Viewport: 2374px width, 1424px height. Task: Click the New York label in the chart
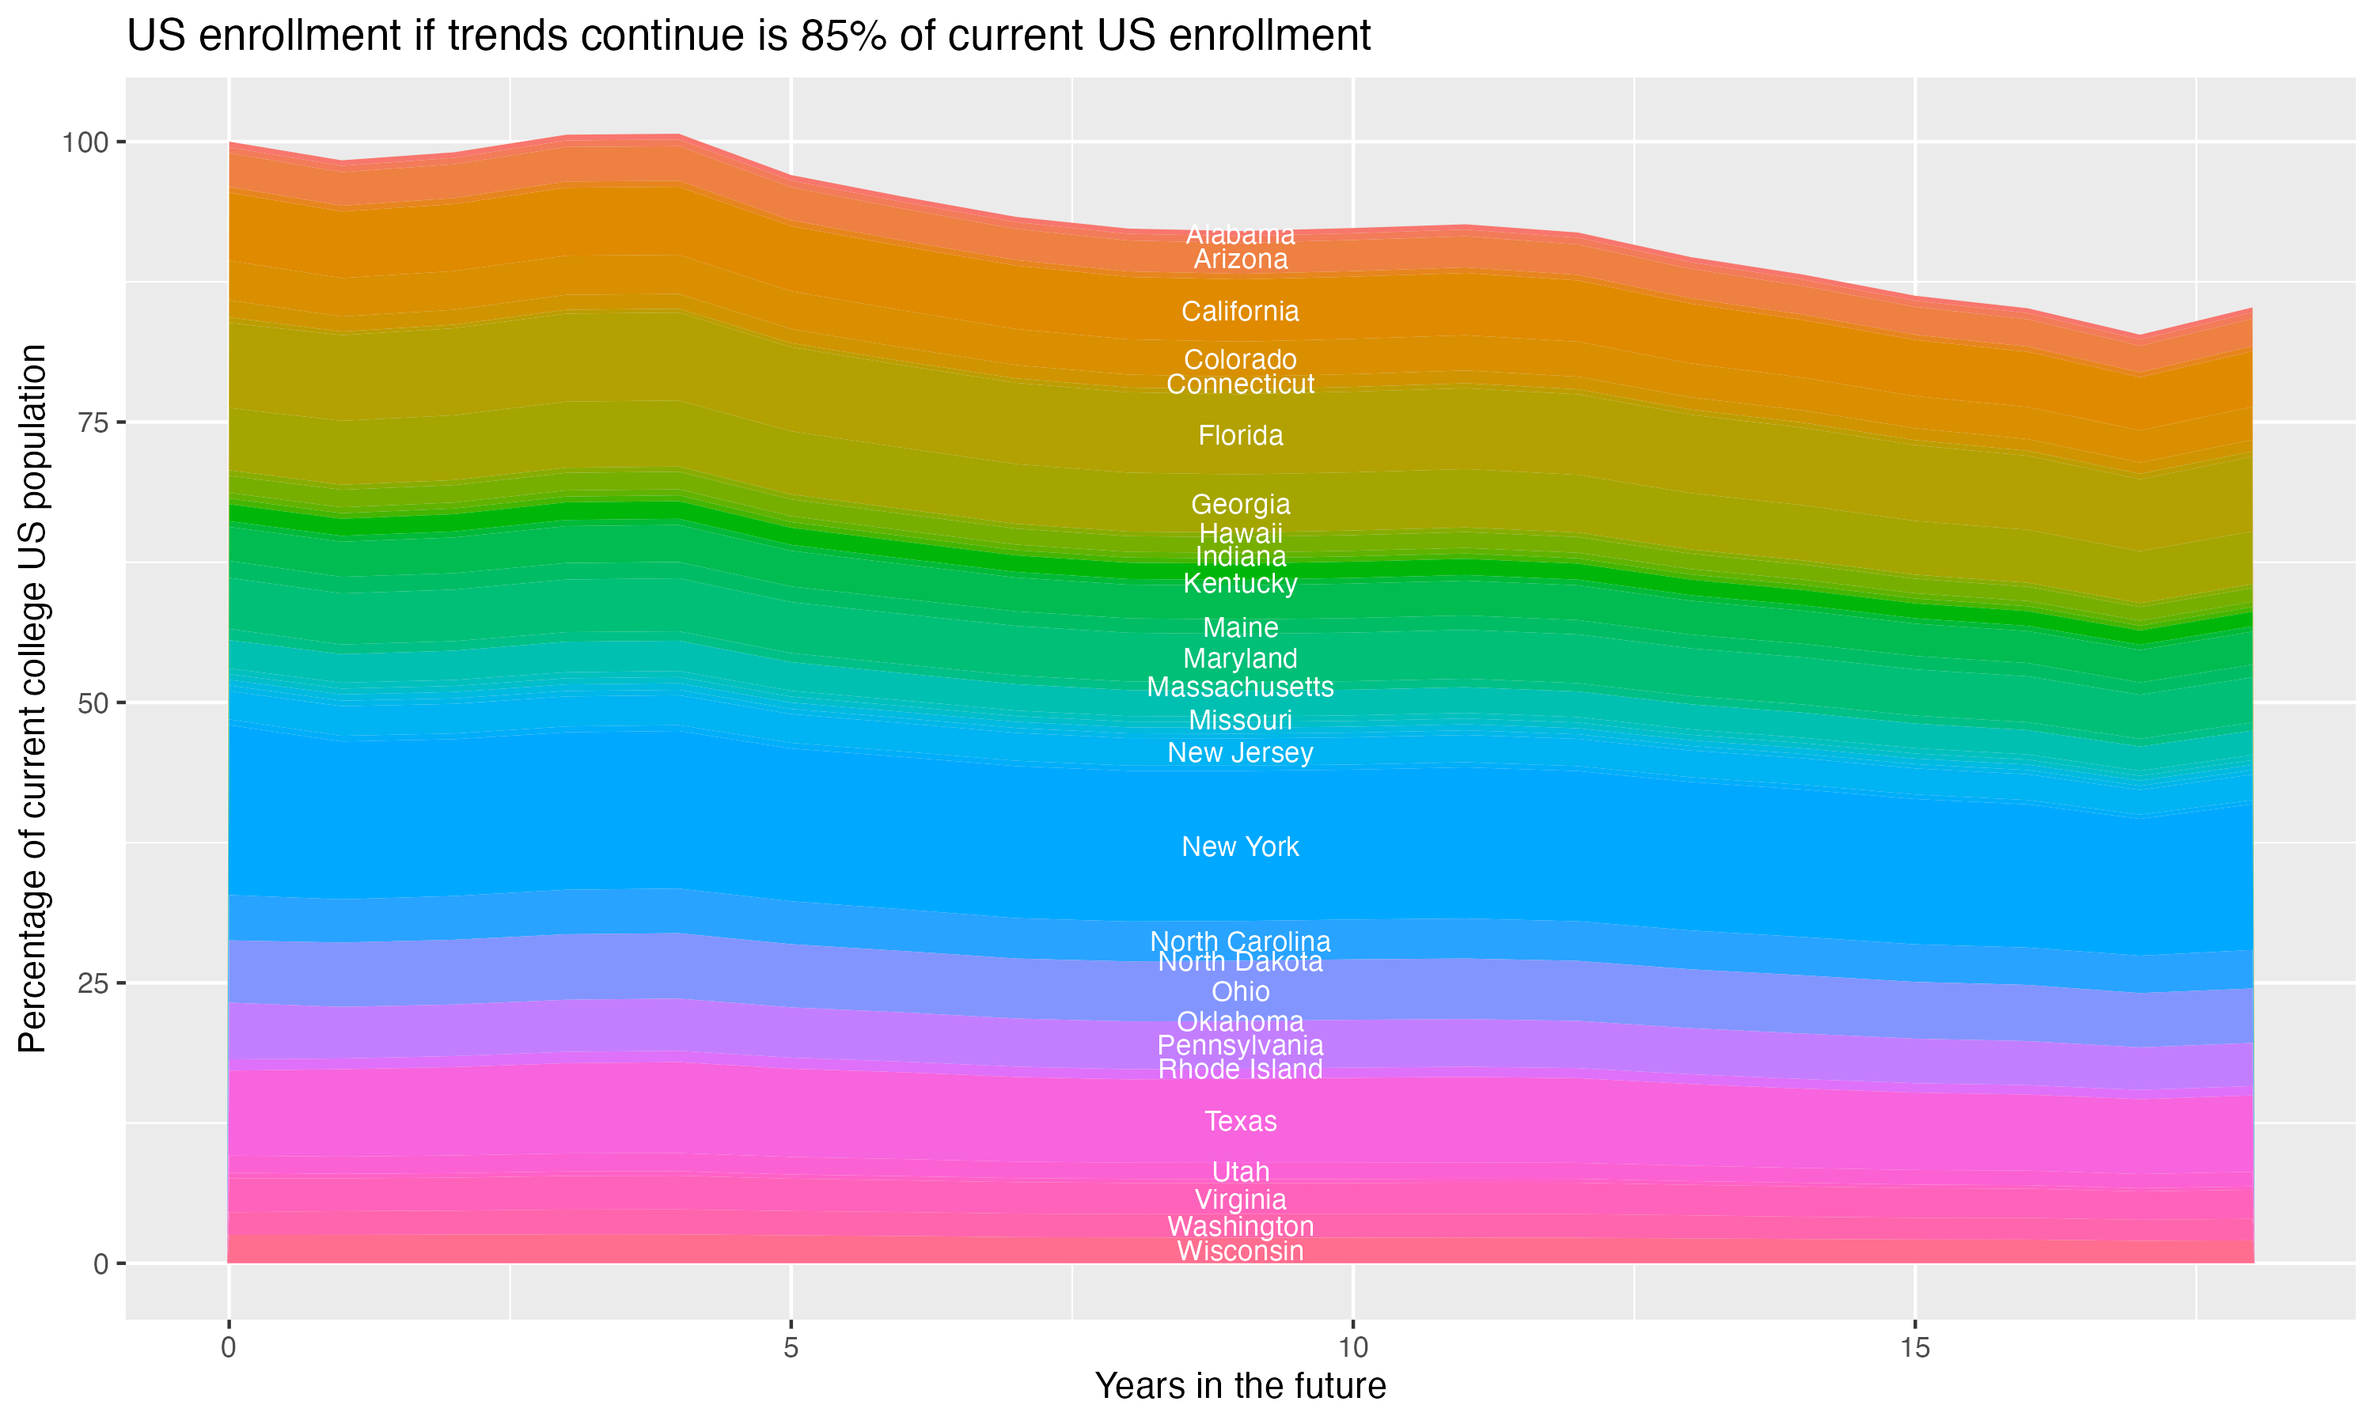[x=1240, y=846]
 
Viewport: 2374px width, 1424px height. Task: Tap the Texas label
[x=1240, y=1121]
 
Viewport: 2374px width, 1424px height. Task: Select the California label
[x=1240, y=311]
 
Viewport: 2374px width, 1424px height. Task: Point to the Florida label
[x=1240, y=436]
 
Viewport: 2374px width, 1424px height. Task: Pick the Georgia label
[x=1240, y=504]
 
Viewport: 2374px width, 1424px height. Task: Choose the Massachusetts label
[x=1240, y=687]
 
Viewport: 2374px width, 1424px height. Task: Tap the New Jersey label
[x=1240, y=752]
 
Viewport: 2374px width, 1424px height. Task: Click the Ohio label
[x=1240, y=991]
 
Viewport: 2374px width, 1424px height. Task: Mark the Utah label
[x=1240, y=1172]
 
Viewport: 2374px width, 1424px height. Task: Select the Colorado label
[x=1240, y=359]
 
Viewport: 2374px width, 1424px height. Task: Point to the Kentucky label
[x=1240, y=583]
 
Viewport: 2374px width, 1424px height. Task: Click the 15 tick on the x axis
[x=1914, y=1348]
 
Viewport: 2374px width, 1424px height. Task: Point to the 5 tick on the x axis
[x=791, y=1348]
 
